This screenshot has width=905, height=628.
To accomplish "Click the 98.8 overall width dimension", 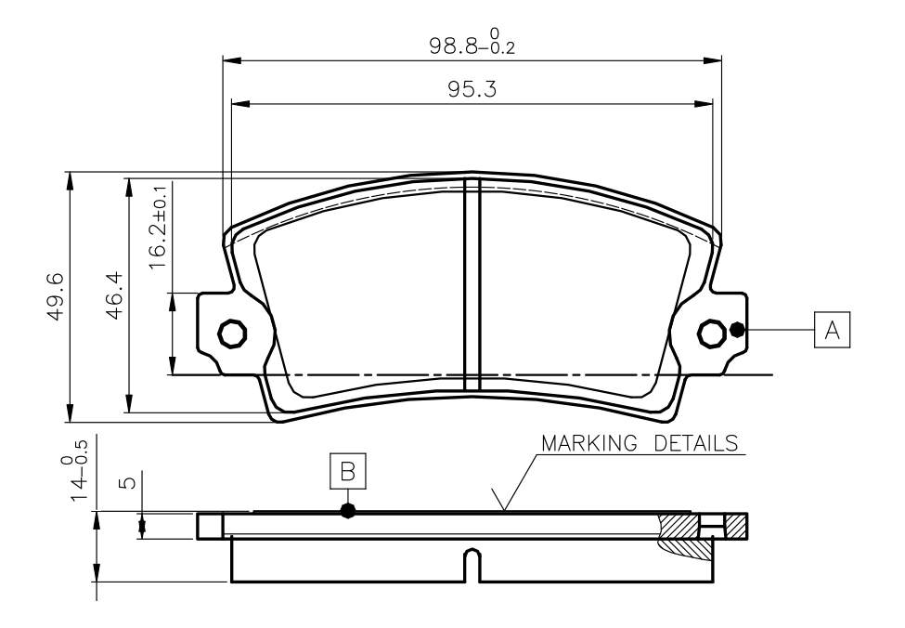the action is coord(472,44).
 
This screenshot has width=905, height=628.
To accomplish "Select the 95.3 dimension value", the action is coord(472,89).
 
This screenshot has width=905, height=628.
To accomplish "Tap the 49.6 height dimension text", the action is coord(56,296).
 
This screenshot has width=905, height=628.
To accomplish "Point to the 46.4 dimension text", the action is coord(113,295).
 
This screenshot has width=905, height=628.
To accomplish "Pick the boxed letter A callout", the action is coord(832,330).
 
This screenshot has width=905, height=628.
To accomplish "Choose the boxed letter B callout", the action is coord(347,471).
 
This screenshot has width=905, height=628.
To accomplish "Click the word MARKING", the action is coord(589,443).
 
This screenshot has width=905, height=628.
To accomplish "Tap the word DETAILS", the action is coord(696,443).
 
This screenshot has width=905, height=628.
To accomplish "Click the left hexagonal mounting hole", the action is coord(233,333).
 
